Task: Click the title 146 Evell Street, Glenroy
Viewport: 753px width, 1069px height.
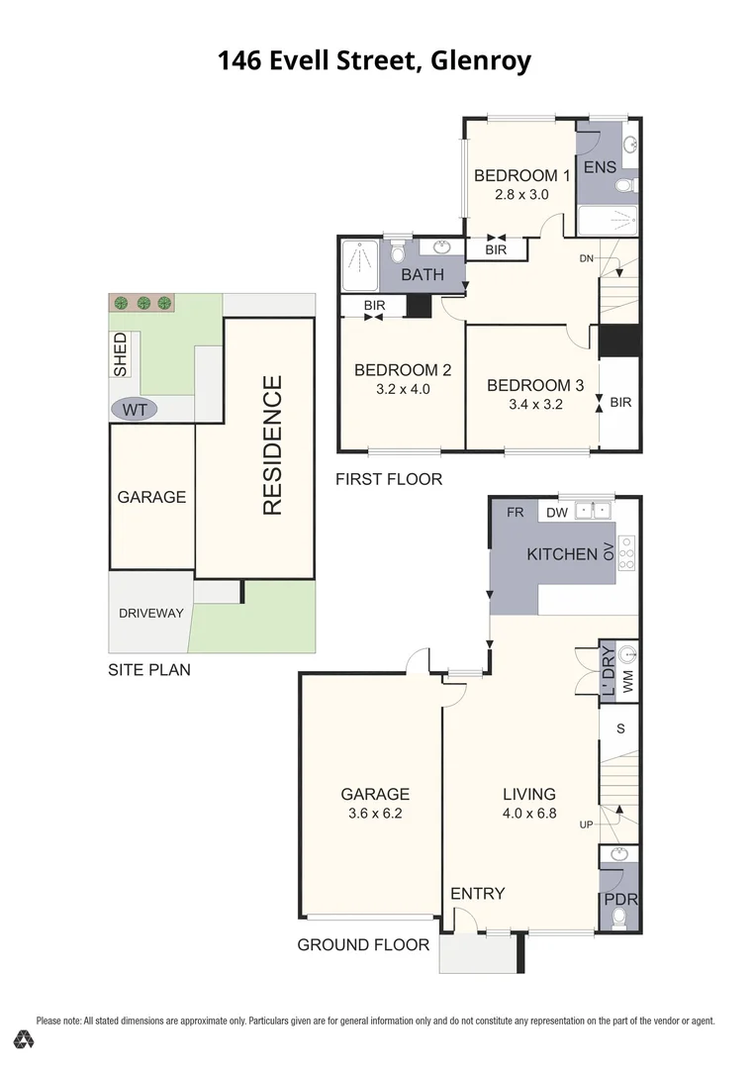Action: [374, 61]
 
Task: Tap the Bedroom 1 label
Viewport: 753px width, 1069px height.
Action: [521, 176]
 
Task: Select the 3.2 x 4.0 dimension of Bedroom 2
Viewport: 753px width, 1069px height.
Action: [403, 389]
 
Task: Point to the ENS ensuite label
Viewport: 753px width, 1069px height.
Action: [600, 167]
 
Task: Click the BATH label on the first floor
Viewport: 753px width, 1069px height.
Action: [423, 275]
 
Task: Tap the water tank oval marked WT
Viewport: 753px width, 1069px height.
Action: [134, 408]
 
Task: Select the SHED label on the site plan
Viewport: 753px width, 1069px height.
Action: [121, 354]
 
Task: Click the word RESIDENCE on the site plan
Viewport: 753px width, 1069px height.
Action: [272, 445]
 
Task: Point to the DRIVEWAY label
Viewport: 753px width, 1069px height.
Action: [151, 613]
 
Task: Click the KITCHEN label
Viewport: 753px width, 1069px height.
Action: [562, 553]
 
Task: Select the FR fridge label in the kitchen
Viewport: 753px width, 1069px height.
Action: [515, 513]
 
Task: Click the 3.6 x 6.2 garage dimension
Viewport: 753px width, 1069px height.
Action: [375, 815]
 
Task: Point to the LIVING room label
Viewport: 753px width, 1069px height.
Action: [528, 794]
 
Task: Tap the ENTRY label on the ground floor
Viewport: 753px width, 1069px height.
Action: [477, 893]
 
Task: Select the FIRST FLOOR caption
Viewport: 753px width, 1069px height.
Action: [389, 479]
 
